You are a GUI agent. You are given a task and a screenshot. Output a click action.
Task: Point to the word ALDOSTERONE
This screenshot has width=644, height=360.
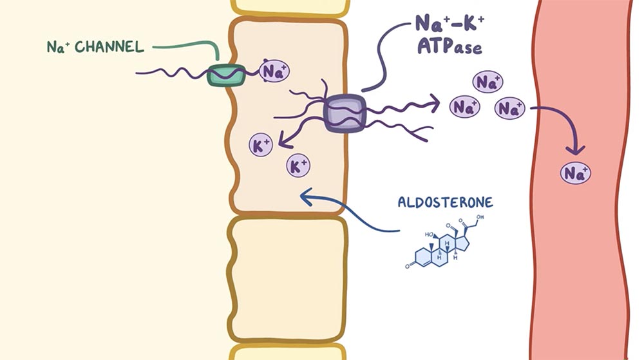[445, 202]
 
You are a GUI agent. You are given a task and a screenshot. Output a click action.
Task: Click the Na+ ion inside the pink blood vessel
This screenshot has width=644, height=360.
[575, 173]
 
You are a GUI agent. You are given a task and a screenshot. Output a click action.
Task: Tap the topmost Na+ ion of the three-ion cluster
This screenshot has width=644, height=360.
[488, 82]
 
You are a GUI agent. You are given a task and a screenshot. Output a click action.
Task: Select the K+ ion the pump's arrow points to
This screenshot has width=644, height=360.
[261, 145]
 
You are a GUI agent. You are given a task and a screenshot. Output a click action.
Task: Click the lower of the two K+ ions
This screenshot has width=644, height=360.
[298, 166]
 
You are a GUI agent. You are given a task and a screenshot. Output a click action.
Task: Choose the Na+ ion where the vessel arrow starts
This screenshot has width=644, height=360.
[509, 108]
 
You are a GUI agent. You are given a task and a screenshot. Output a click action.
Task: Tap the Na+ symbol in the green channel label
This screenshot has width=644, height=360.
[58, 47]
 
